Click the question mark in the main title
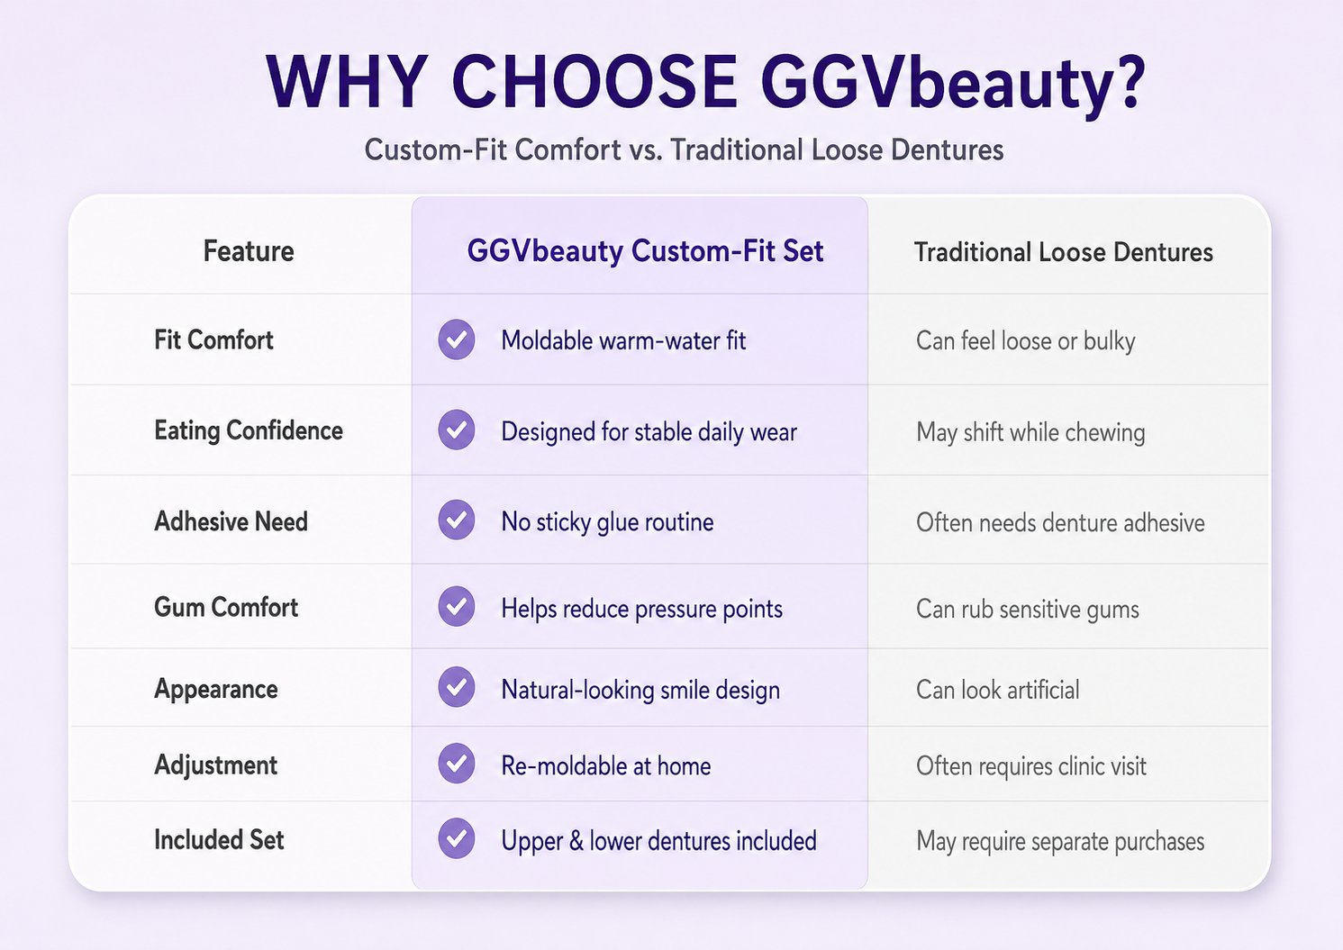pos(1127,82)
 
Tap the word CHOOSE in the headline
pos(594,82)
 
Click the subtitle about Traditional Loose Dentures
pos(684,149)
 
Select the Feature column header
pos(249,251)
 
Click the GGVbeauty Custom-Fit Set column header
pos(645,252)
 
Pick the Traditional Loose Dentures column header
pos(1064,252)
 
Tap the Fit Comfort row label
pos(213,339)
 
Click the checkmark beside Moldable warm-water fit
pos(457,339)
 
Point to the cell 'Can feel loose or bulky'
pos(1026,341)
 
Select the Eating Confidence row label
pos(249,431)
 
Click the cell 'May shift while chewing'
pos(1030,432)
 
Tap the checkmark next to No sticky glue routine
pos(457,520)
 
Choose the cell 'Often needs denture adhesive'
pos(1060,522)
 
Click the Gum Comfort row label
pos(226,607)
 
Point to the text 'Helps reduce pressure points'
pos(642,610)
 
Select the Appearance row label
pos(216,690)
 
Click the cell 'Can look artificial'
pos(998,690)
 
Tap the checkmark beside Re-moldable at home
pos(457,764)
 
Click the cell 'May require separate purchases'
pos(1060,842)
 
